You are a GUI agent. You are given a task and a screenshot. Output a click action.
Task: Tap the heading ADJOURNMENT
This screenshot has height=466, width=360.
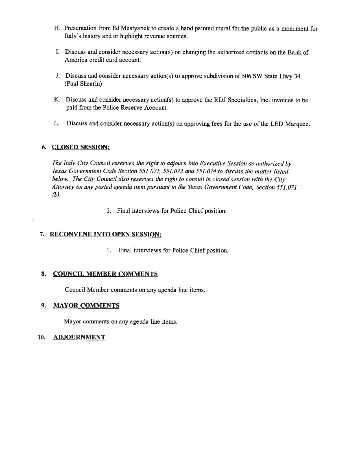[79, 337]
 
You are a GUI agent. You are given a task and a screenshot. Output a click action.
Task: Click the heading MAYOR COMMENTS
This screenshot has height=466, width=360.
[86, 306]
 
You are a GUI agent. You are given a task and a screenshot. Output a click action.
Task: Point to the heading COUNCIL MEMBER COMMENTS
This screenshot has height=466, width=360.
[105, 274]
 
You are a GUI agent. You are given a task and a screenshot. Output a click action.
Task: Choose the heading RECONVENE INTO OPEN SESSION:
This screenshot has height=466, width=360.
[106, 234]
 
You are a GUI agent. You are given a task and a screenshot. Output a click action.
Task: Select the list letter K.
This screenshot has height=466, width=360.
[56, 100]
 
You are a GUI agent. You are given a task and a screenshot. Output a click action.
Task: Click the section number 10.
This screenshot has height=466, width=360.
[41, 337]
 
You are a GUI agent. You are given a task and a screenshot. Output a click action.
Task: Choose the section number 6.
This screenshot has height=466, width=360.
[44, 147]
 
